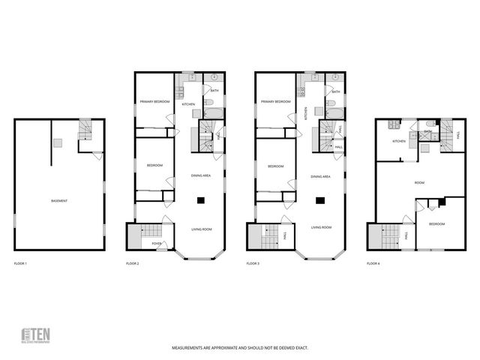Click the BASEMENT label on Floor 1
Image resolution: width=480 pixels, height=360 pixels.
click(58, 201)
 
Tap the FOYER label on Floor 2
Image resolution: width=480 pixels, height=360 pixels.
click(157, 244)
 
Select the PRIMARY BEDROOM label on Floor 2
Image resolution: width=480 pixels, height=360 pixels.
click(154, 101)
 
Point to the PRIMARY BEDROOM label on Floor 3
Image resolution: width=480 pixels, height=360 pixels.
click(275, 101)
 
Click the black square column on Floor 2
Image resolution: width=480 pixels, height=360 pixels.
click(201, 200)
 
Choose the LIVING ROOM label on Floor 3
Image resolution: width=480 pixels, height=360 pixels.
click(322, 227)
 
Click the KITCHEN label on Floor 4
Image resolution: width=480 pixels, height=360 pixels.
click(399, 141)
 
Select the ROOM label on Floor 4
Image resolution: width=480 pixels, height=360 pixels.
click(419, 182)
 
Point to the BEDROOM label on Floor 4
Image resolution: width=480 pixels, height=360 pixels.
click(436, 224)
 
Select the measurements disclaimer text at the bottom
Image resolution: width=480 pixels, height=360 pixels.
click(240, 348)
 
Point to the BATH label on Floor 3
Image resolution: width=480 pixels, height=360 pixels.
click(335, 91)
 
